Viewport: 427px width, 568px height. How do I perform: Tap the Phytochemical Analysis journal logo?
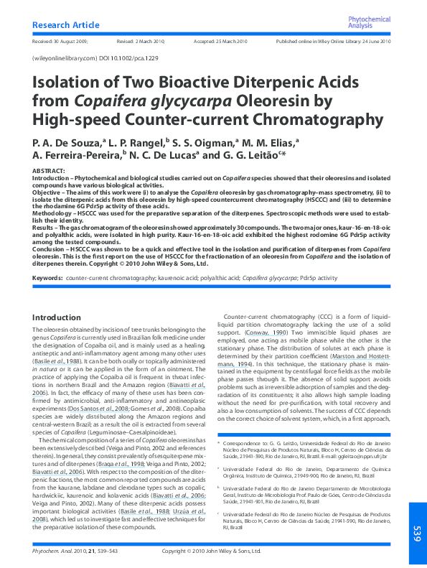point(369,22)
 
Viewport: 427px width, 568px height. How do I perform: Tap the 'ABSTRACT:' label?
point(48,170)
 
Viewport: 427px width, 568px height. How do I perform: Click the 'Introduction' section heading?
point(57,317)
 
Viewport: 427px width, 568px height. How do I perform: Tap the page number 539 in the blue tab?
point(416,534)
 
